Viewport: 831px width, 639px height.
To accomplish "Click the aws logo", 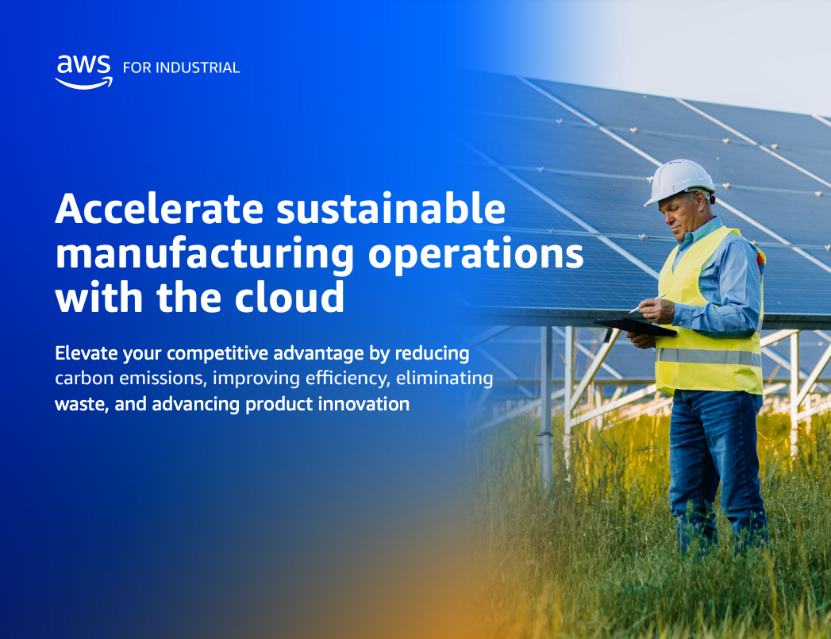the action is point(84,72).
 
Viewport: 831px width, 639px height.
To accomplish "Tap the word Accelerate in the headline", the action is point(160,209).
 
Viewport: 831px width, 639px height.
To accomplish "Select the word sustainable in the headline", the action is point(391,209).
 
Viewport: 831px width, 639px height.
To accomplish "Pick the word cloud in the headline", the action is point(290,297).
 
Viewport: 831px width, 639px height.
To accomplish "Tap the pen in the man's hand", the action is point(647,303).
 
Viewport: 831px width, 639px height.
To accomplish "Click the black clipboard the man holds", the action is point(636,327).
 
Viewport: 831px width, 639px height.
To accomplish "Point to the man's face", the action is point(676,214).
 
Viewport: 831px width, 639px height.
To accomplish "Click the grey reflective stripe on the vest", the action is point(709,356).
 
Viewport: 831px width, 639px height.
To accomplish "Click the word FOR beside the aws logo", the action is point(137,67).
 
